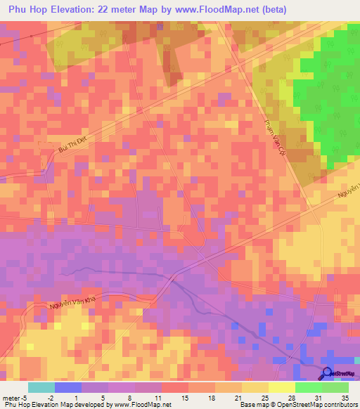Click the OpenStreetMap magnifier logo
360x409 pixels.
coord(328,375)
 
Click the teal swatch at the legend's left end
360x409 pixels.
coord(41,387)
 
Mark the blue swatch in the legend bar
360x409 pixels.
coord(67,387)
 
